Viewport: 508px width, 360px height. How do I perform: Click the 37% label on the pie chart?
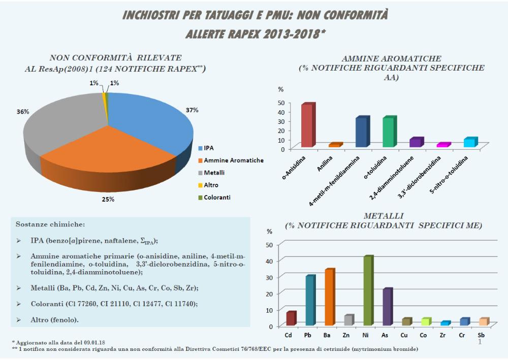[x=192, y=110]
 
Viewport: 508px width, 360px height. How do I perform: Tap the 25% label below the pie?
[x=108, y=199]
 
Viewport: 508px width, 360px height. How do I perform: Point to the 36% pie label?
[x=23, y=111]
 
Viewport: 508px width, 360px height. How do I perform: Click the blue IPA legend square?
[x=200, y=148]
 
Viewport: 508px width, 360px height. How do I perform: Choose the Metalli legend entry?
[x=214, y=173]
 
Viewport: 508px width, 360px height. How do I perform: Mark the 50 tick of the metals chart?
[x=270, y=245]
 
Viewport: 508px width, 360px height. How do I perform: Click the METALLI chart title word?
[x=384, y=216]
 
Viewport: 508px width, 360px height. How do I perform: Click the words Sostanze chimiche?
[x=50, y=224]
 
